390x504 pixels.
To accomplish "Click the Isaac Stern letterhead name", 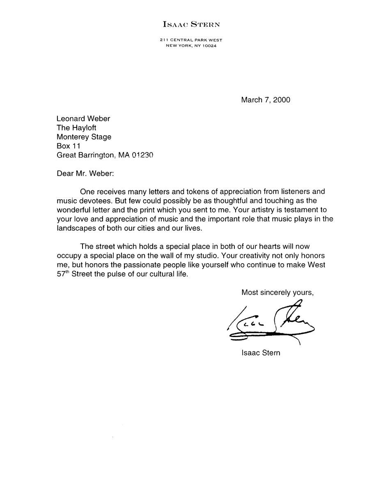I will pos(191,24).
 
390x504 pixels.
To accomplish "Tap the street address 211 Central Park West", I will pos(191,40).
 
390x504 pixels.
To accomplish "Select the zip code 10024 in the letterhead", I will pos(209,46).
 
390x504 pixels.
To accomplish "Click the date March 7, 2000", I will pos(265,100).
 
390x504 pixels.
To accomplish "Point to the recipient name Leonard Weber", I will pos(83,119).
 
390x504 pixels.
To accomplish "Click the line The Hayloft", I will pos(76,128).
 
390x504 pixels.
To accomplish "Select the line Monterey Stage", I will pos(84,137).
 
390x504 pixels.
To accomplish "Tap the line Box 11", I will pos(68,146).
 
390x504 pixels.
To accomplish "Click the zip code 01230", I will pos(142,155).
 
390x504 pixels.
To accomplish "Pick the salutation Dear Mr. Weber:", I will pos(85,173).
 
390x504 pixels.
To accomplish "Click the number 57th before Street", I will pos(63,274).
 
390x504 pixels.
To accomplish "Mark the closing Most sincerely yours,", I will pos(278,292).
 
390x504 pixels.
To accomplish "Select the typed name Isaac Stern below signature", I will pos(261,353).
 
